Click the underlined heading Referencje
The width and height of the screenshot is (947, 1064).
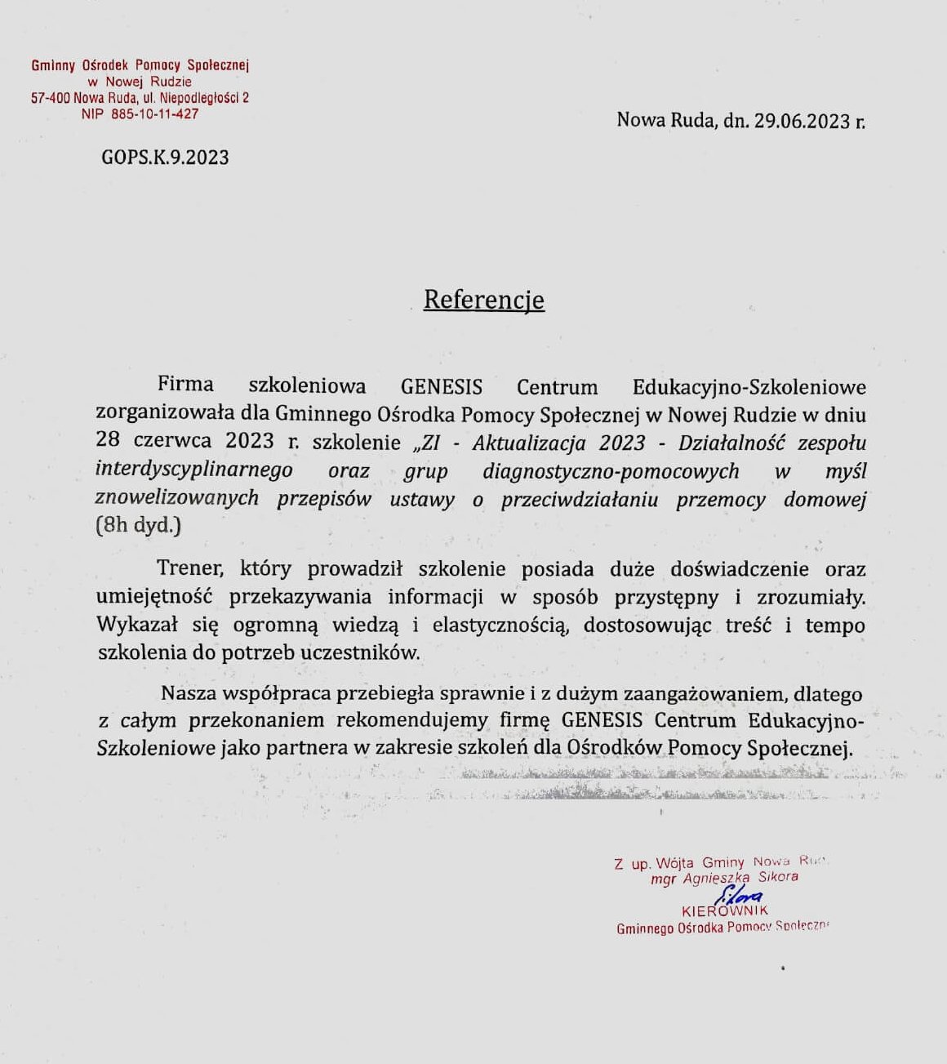click(x=483, y=300)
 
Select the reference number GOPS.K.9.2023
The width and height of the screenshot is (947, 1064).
click(x=165, y=158)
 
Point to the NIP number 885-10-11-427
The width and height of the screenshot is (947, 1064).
click(x=154, y=114)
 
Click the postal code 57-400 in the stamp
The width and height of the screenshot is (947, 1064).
click(x=51, y=98)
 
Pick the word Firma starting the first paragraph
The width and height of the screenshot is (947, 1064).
click(x=185, y=385)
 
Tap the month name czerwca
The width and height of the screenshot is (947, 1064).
click(x=172, y=441)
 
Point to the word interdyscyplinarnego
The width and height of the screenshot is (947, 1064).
click(x=193, y=470)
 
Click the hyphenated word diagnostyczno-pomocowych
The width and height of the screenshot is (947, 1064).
click(x=611, y=471)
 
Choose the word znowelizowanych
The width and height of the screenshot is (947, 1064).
click(x=177, y=498)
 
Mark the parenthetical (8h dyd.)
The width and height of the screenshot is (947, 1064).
click(x=138, y=525)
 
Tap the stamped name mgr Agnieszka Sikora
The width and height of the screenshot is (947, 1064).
click(x=724, y=878)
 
